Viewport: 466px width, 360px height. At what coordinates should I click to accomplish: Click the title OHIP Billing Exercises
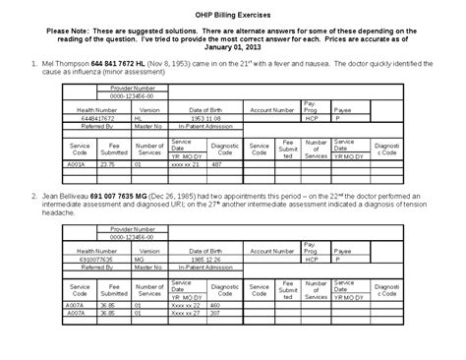pyautogui.click(x=232, y=9)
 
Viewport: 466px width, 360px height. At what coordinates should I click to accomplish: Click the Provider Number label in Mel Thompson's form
pyautogui.click(x=131, y=88)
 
